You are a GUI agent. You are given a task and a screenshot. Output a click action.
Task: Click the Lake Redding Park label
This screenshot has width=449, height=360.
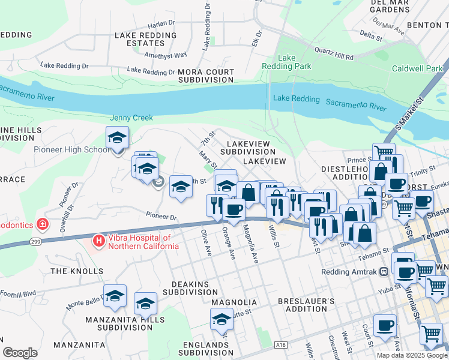[295, 62]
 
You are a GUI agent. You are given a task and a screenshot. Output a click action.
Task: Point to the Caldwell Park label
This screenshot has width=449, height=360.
[417, 69]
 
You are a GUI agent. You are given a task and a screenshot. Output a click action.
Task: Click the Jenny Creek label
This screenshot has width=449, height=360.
[131, 118]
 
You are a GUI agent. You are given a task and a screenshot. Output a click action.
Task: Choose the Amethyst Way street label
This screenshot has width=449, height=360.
[168, 56]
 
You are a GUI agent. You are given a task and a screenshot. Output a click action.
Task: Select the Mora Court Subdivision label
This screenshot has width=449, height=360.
[206, 76]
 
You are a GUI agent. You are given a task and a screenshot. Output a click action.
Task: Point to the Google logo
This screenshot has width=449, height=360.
[20, 353]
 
